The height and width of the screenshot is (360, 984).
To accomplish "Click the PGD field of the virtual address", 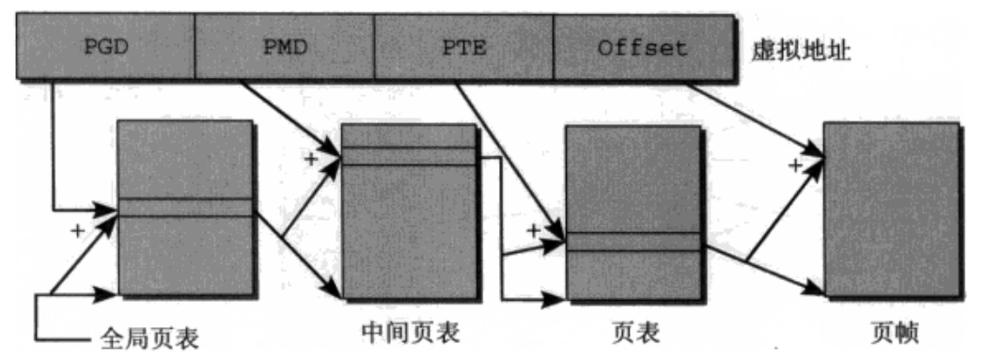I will (105, 47).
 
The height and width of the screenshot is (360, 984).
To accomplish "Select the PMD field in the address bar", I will (284, 47).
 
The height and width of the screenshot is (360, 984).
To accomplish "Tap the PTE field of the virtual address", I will (463, 47).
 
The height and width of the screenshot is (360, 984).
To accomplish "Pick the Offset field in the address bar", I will (641, 47).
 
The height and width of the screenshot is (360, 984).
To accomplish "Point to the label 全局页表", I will (149, 337).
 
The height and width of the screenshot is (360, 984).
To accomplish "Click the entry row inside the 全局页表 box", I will (185, 208).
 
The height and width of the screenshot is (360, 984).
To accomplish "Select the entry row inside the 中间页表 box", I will (409, 156).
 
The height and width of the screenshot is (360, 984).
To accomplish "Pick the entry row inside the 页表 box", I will (633, 242).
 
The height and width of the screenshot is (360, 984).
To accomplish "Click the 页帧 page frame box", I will (891, 209).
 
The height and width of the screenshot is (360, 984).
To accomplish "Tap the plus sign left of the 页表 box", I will (534, 228).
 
